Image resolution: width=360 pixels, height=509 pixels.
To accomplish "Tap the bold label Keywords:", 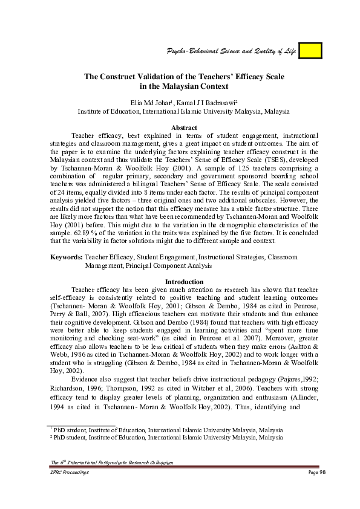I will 66,257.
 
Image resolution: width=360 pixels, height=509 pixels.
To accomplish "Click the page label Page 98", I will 316,472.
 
